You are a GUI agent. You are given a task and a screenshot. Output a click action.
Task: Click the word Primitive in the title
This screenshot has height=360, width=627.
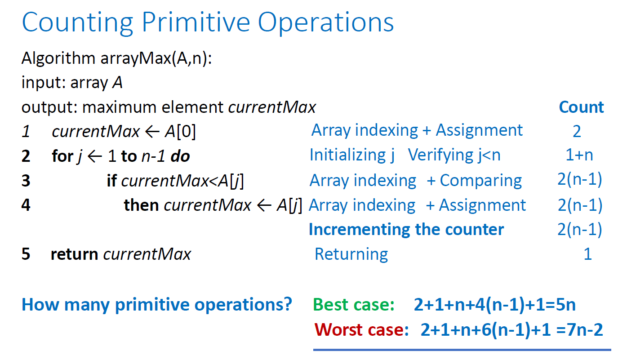point(196,23)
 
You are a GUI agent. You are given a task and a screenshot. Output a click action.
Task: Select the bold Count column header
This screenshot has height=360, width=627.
point(581,107)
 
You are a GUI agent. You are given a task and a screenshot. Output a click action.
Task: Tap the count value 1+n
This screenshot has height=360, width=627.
point(579,155)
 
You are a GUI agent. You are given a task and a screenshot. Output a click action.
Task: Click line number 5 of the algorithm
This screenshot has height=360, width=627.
point(26,254)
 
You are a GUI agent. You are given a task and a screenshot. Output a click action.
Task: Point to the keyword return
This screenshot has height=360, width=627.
point(74,254)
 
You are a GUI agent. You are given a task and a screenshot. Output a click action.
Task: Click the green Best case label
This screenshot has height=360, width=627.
point(354,305)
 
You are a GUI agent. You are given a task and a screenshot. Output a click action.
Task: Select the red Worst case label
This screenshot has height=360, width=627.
point(361,329)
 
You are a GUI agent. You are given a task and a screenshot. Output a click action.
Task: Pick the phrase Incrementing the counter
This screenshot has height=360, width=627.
point(406,230)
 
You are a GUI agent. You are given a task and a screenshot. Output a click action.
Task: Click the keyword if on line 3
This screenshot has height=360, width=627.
point(111,181)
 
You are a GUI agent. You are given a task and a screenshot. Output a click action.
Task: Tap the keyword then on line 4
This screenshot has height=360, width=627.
point(141,205)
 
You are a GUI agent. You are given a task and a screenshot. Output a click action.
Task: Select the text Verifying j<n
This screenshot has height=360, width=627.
point(454,155)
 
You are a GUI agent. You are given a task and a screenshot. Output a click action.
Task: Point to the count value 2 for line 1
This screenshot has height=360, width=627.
point(577,131)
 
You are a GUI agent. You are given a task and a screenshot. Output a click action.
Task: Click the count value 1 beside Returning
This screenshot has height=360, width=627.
point(587,254)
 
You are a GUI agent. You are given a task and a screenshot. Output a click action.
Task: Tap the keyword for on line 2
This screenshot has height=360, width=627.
point(62,156)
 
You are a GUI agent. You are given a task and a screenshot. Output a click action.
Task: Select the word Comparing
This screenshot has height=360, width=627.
point(480,181)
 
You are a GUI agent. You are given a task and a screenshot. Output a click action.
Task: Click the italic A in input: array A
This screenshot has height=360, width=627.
point(118,83)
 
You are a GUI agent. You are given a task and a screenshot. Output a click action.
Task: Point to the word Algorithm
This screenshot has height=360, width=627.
point(58,58)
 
